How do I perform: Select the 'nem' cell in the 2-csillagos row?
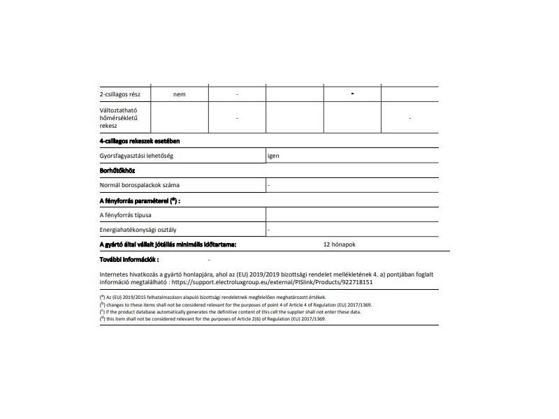point(180,94)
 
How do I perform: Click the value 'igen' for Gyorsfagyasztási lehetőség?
point(273,156)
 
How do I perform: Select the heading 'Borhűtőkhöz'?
point(117,170)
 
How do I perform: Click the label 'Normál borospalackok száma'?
point(140,185)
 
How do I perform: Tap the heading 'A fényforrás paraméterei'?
point(140,200)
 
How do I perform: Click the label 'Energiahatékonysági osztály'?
point(138,230)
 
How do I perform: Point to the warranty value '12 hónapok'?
point(340,245)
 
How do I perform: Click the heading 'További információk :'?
point(129,259)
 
